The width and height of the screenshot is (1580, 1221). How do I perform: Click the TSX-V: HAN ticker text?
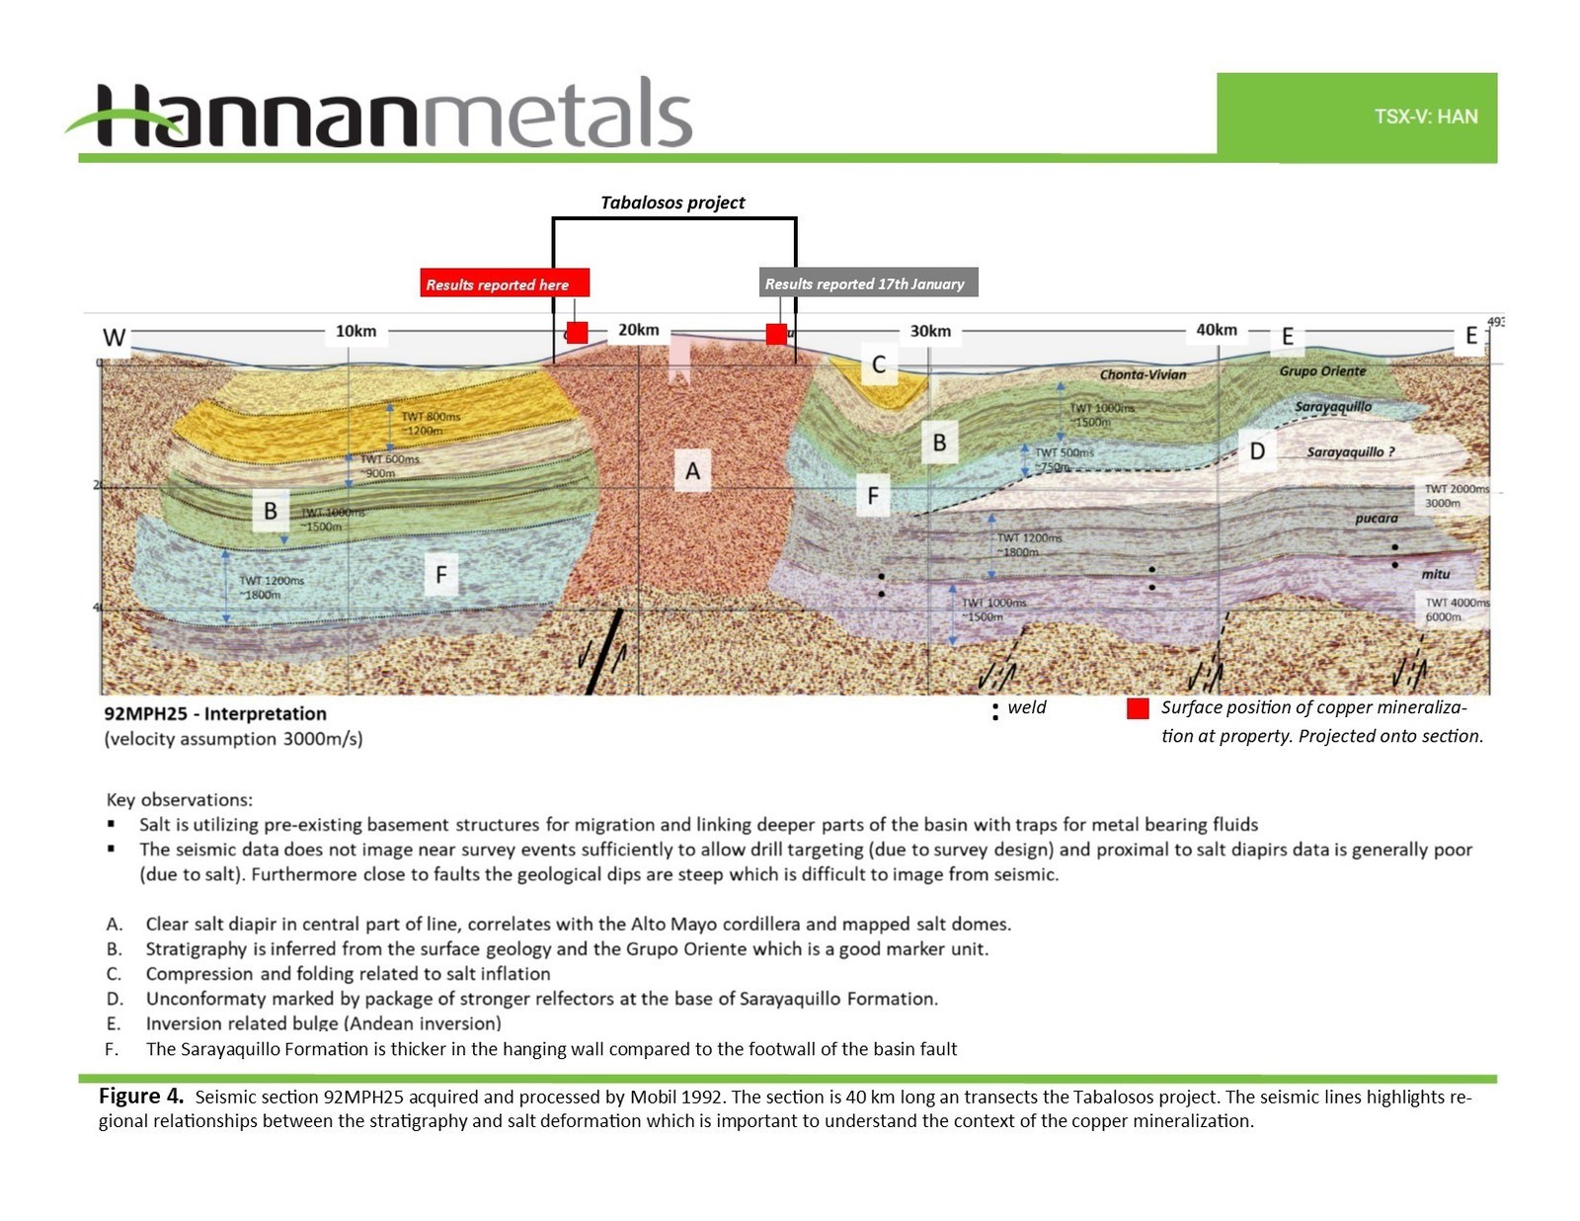point(1425,117)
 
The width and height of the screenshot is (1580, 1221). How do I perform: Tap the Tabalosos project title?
point(672,203)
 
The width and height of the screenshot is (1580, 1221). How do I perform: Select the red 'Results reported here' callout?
point(504,284)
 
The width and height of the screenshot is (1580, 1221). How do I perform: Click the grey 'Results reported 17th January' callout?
point(867,284)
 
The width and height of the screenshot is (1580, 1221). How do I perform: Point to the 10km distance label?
point(355,331)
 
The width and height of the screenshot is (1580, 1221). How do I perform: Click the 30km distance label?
point(930,331)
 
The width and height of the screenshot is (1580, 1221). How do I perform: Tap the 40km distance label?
point(1216,330)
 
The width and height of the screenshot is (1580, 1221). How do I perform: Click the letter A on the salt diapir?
point(692,471)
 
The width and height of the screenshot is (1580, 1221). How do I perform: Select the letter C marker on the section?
point(878,365)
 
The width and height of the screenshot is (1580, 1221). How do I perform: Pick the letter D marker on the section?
point(1257,451)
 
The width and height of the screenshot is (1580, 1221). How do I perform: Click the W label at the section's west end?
point(115,338)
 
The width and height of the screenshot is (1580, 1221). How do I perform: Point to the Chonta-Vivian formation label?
point(1143,374)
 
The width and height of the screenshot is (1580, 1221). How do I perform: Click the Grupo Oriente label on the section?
point(1322,371)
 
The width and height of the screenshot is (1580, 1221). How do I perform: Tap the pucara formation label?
point(1376,518)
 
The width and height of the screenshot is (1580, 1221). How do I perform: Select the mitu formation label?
point(1435,574)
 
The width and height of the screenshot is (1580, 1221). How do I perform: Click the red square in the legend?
point(1138,708)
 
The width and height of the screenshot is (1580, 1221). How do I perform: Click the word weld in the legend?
point(1026,707)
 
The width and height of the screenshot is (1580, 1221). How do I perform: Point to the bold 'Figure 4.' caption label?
point(141,1096)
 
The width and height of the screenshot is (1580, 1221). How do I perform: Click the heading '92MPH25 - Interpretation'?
point(215,713)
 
